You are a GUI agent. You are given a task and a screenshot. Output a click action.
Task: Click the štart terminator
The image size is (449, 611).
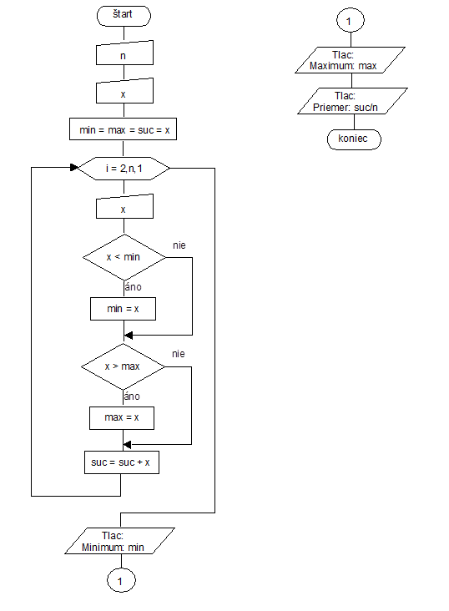click(124, 16)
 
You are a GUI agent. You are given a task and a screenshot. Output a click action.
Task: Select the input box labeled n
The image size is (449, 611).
click(124, 53)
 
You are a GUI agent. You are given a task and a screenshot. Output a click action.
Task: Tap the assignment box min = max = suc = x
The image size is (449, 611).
click(123, 129)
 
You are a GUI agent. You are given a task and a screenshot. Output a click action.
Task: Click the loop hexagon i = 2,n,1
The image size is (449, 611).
click(124, 169)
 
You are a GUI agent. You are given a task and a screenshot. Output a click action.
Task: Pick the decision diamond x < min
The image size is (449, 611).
click(124, 257)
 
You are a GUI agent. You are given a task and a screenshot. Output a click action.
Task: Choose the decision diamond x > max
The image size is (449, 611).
click(124, 366)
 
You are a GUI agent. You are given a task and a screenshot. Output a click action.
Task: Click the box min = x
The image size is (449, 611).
click(124, 309)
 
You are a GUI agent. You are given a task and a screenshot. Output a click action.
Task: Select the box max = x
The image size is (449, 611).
click(122, 418)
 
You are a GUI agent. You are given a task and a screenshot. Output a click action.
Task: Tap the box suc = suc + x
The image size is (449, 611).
click(122, 462)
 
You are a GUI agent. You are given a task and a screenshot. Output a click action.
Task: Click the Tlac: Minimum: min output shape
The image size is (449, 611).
click(119, 541)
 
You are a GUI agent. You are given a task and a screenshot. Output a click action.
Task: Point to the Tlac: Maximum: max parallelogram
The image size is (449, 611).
click(350, 60)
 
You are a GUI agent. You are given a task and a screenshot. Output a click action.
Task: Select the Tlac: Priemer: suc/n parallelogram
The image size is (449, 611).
click(352, 101)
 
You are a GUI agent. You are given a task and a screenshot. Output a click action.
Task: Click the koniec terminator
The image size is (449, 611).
click(354, 139)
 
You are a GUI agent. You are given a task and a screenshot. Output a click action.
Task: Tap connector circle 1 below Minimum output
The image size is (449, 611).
click(121, 580)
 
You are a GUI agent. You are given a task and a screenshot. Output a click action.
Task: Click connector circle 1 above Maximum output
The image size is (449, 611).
click(351, 20)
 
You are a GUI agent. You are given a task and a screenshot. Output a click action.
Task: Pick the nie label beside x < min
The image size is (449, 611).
click(179, 245)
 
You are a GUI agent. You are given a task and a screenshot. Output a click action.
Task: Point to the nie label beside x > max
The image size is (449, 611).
click(179, 354)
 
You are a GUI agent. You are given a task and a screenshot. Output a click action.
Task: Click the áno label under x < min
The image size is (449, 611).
click(133, 287)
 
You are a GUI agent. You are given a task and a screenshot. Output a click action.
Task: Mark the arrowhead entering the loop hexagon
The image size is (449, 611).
click(74, 167)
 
